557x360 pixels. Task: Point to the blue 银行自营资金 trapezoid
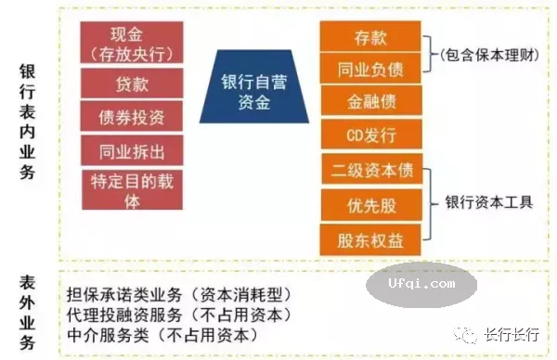[x=253, y=92]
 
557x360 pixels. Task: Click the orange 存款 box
[x=369, y=38]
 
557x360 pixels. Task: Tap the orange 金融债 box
[x=369, y=101]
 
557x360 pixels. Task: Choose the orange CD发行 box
[x=369, y=135]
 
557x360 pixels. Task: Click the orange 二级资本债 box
[x=369, y=173]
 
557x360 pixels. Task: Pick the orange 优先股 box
[x=369, y=206]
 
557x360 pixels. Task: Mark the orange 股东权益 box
[x=369, y=239]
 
